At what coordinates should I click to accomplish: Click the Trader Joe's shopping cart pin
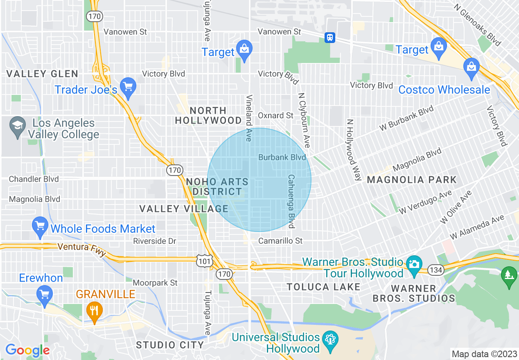click(129, 87)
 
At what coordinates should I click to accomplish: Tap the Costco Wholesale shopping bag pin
click(472, 67)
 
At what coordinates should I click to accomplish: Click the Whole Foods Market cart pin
click(40, 227)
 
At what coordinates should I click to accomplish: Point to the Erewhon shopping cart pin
click(44, 294)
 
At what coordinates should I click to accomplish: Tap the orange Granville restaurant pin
click(94, 310)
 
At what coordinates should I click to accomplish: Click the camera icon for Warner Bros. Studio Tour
click(414, 263)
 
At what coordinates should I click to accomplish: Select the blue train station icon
click(330, 38)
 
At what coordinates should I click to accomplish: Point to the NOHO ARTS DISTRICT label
click(217, 187)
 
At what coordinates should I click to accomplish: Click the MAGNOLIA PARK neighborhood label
click(411, 180)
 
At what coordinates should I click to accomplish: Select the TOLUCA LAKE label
click(323, 287)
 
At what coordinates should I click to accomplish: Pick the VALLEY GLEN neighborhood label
click(42, 74)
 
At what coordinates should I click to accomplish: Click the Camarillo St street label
click(280, 241)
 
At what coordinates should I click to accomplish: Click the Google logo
click(27, 350)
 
